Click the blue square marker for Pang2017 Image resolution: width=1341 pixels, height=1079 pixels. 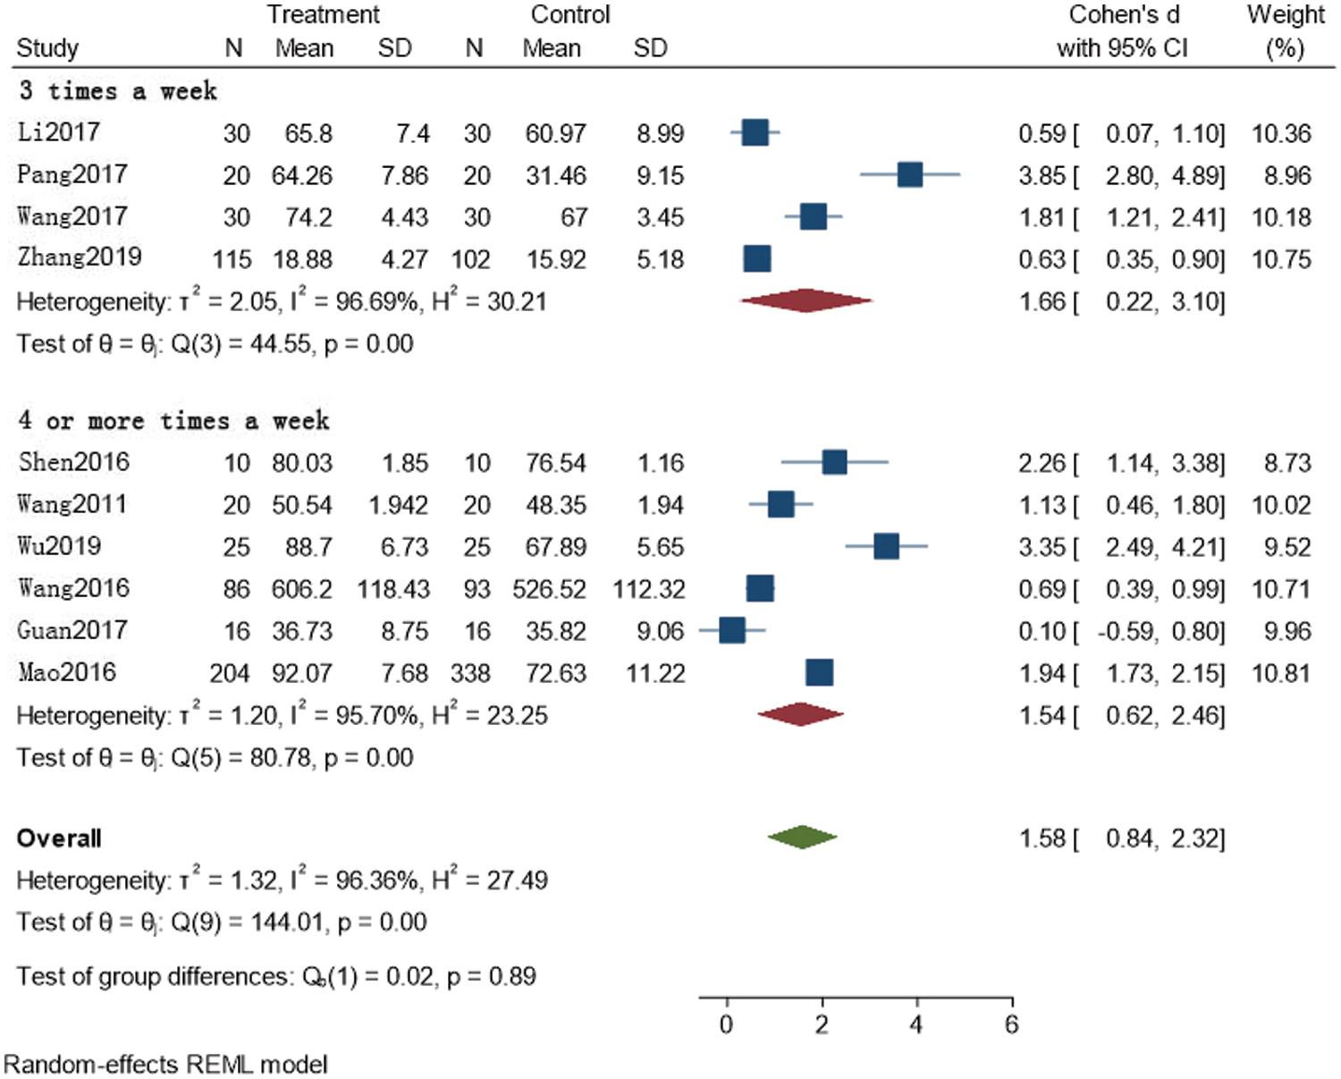(x=909, y=175)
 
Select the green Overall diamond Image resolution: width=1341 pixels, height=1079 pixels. (x=802, y=838)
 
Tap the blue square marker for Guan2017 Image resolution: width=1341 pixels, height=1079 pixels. (x=731, y=630)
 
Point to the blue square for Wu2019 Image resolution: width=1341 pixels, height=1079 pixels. (x=886, y=546)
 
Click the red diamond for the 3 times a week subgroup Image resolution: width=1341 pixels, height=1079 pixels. (x=805, y=301)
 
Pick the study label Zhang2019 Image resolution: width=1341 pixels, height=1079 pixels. (x=79, y=257)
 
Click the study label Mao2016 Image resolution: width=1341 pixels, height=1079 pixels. (x=66, y=672)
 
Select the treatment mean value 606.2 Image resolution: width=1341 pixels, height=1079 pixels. (x=302, y=589)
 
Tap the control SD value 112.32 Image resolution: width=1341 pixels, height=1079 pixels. (x=649, y=589)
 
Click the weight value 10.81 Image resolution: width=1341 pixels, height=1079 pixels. (x=1281, y=673)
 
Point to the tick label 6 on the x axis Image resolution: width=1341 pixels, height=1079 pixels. (x=1011, y=1024)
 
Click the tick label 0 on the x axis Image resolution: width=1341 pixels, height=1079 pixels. (x=726, y=1024)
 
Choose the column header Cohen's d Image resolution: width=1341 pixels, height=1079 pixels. (x=1124, y=15)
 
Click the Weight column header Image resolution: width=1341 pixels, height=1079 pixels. (x=1286, y=15)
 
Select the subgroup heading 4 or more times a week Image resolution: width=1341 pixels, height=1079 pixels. (x=173, y=420)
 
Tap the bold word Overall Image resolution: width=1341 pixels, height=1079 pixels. (x=59, y=839)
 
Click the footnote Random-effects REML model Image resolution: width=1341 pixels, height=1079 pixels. (x=165, y=1065)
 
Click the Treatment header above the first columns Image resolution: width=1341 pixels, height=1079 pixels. (x=323, y=15)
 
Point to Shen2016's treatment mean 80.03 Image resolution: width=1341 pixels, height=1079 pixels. (x=302, y=463)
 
